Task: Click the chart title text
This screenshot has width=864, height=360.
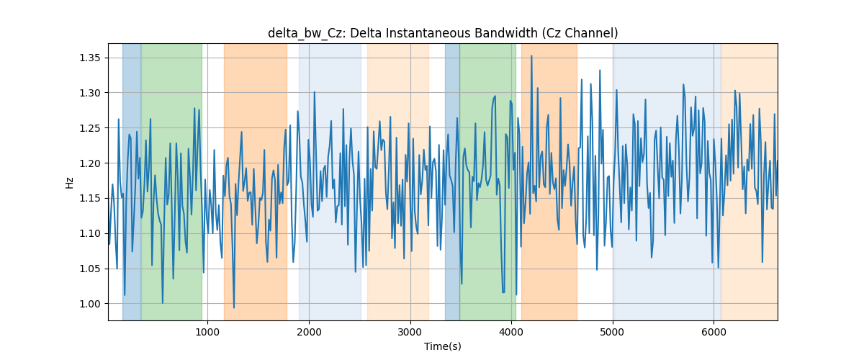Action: pyautogui.click(x=443, y=33)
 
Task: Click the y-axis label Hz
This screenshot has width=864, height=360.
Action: pyautogui.click(x=69, y=182)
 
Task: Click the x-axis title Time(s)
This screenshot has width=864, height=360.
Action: pyautogui.click(x=443, y=346)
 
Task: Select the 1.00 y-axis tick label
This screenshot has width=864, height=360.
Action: pyautogui.click(x=90, y=304)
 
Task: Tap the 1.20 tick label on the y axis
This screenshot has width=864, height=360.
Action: pyautogui.click(x=90, y=163)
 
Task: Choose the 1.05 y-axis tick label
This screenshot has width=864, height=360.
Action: pyautogui.click(x=90, y=269)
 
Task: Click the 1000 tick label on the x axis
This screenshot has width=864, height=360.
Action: pyautogui.click(x=208, y=332)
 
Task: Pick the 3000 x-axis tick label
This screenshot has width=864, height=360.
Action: pyautogui.click(x=410, y=332)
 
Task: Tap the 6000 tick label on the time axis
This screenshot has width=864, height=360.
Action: pyautogui.click(x=714, y=332)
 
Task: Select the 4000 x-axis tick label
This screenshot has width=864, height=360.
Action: pyautogui.click(x=511, y=332)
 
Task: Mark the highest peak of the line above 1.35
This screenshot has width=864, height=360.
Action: pyautogui.click(x=531, y=56)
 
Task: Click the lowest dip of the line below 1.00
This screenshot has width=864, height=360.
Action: pyautogui.click(x=234, y=307)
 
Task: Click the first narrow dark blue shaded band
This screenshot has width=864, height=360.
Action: pyautogui.click(x=132, y=181)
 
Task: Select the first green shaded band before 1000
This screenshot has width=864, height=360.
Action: pyautogui.click(x=171, y=181)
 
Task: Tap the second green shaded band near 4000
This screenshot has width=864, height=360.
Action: pyautogui.click(x=488, y=181)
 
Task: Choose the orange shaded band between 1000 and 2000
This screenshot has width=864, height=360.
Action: pyautogui.click(x=256, y=181)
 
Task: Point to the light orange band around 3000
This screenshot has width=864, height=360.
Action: pyautogui.click(x=398, y=181)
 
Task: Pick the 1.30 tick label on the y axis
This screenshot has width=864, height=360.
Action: pyautogui.click(x=90, y=93)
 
